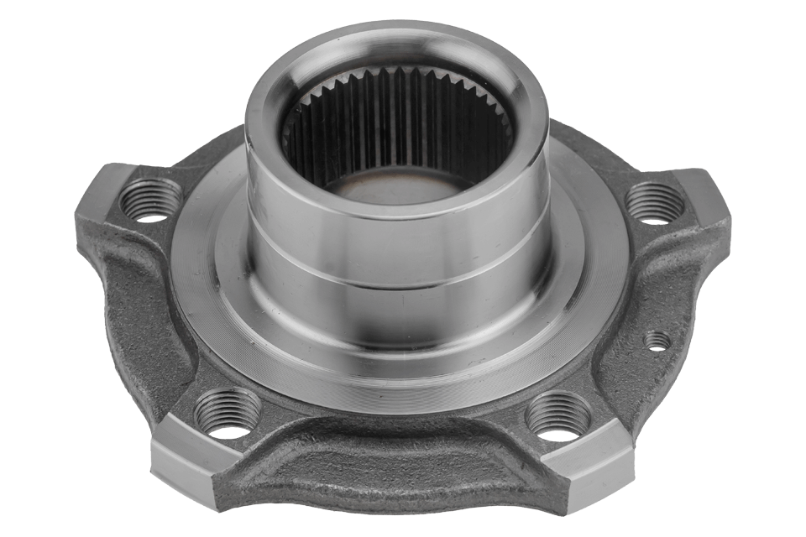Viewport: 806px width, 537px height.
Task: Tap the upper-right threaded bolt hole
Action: [653, 205]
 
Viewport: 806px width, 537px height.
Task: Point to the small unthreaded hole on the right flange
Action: [657, 341]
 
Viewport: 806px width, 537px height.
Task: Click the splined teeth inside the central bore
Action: [395, 117]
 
